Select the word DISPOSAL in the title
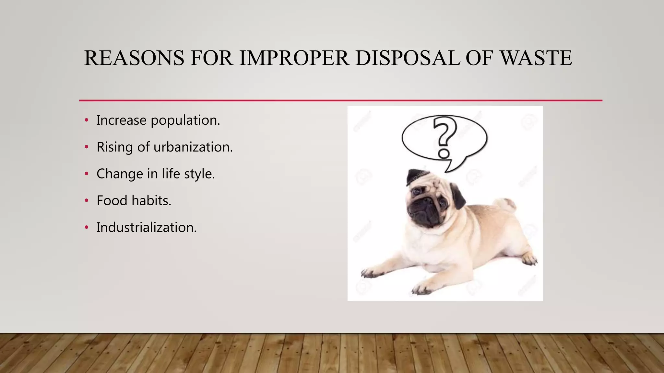(407, 58)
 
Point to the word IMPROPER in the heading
(294, 58)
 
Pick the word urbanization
(193, 147)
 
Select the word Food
(112, 201)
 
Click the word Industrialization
(147, 228)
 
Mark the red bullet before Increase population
(86, 120)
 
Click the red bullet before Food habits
(86, 201)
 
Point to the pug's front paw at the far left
(370, 273)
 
